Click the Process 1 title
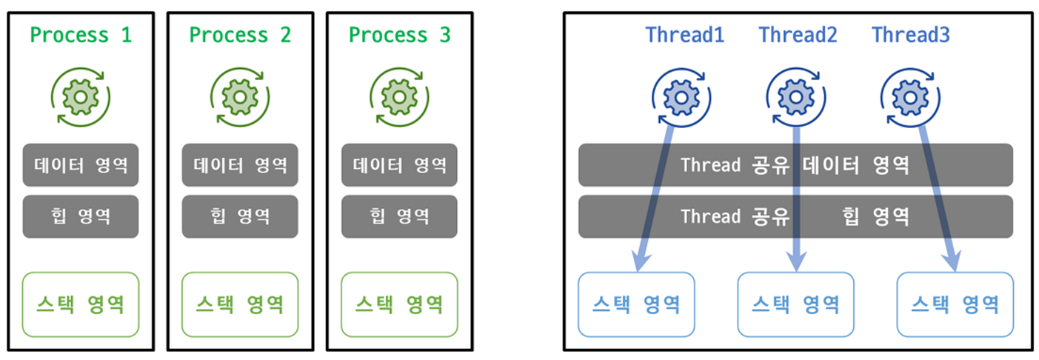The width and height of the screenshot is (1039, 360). click(81, 35)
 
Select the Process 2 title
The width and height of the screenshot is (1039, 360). click(240, 35)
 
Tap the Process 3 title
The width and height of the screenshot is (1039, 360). click(399, 35)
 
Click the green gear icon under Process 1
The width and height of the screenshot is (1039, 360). click(80, 97)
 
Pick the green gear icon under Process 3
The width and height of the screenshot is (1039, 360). click(399, 97)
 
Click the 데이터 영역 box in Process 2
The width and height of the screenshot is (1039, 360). click(240, 164)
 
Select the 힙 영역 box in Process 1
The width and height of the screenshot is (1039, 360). click(81, 216)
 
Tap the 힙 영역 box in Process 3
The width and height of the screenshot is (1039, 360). click(399, 216)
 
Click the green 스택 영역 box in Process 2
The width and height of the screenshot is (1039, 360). click(240, 304)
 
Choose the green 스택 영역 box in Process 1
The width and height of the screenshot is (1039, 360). click(81, 304)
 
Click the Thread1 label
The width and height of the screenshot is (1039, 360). click(684, 35)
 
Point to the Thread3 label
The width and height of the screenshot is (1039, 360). click(910, 35)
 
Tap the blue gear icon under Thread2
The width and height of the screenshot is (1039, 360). click(795, 97)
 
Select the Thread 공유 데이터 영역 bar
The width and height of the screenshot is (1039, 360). click(795, 164)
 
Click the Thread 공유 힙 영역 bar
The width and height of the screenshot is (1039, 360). click(795, 216)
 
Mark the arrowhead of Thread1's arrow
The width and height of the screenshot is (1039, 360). click(638, 261)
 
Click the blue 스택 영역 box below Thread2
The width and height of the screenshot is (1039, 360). click(795, 304)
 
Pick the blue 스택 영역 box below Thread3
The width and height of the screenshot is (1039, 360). click(955, 304)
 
